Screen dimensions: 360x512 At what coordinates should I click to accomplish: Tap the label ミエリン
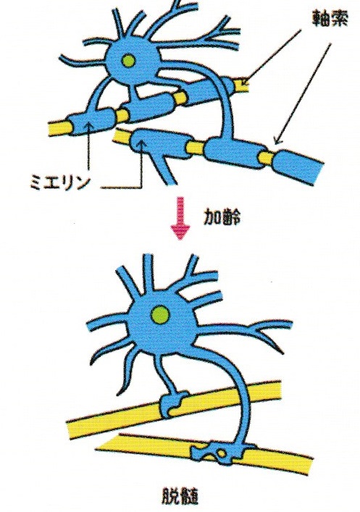click(x=59, y=182)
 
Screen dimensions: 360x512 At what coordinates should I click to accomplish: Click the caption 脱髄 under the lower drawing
click(x=180, y=496)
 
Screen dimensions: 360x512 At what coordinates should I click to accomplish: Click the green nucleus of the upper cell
click(x=129, y=60)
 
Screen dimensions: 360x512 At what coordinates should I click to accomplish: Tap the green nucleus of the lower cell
click(x=161, y=315)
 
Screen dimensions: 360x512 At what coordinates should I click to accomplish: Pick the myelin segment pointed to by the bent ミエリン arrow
click(x=159, y=144)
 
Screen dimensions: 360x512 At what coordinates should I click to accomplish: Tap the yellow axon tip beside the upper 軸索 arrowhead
click(x=241, y=85)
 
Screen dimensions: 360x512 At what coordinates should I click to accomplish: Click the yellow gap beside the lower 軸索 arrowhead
click(x=267, y=157)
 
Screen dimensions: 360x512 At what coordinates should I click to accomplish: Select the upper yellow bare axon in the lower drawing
click(x=173, y=406)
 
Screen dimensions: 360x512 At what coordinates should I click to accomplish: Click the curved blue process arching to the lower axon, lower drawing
click(x=238, y=392)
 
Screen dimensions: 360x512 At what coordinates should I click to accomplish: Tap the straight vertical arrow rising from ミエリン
click(x=88, y=150)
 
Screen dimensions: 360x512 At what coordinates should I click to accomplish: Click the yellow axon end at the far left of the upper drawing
click(x=59, y=127)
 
